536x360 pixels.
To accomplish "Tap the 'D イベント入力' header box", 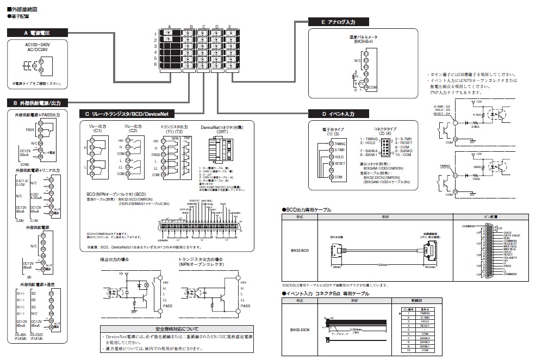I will pos(338,114).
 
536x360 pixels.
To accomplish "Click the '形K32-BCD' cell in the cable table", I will pos(300,250).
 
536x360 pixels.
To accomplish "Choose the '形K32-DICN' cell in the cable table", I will pos(300,330).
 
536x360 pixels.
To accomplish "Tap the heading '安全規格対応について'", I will pos(177,329).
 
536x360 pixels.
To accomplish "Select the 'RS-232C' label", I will pos(39,336).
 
